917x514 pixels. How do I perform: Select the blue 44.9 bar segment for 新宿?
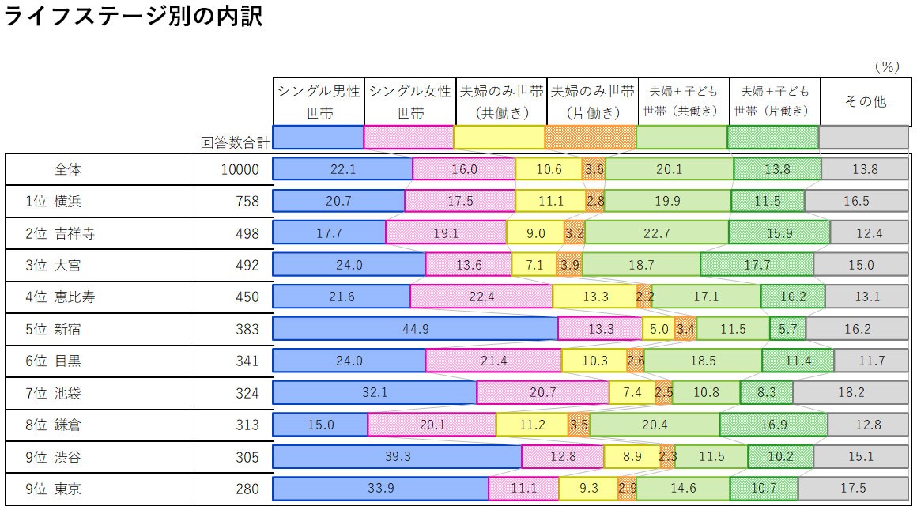click(x=415, y=329)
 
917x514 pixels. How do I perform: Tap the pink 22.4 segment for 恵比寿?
click(x=481, y=297)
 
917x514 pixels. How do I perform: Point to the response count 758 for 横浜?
click(x=247, y=202)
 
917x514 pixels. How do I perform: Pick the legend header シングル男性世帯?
click(x=319, y=102)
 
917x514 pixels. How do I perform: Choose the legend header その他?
click(x=865, y=101)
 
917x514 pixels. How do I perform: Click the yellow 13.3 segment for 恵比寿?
click(x=594, y=297)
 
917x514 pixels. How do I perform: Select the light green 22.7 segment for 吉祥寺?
click(x=656, y=233)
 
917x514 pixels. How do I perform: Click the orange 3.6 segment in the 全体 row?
click(x=594, y=169)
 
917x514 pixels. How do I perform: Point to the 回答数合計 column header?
click(x=235, y=142)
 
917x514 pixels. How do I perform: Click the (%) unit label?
click(x=886, y=67)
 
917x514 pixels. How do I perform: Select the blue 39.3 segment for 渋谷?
click(x=397, y=457)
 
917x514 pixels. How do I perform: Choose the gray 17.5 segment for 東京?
click(x=853, y=489)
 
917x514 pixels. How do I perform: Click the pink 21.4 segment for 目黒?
click(x=493, y=361)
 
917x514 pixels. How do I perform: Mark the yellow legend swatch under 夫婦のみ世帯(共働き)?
click(x=500, y=137)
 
